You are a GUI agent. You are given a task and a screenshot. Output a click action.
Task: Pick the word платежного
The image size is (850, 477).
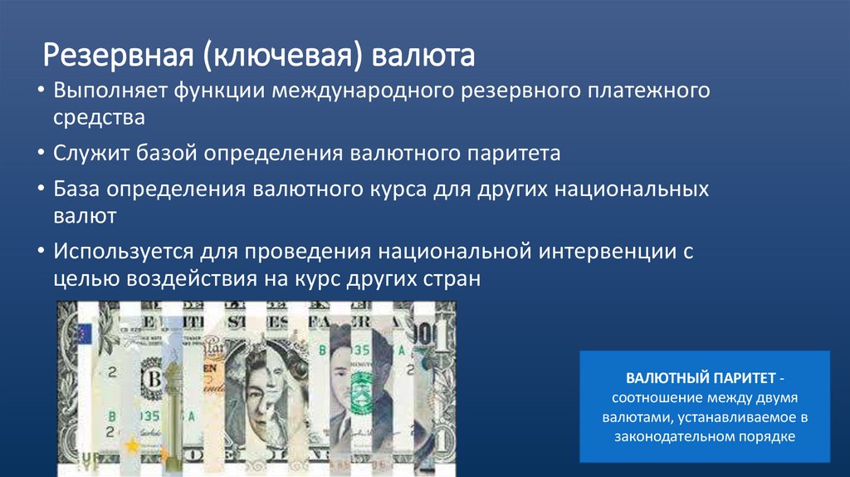[647, 90]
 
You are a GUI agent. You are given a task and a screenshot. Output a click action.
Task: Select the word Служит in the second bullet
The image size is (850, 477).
[90, 154]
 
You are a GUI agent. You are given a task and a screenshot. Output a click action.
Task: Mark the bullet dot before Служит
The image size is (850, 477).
[42, 154]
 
